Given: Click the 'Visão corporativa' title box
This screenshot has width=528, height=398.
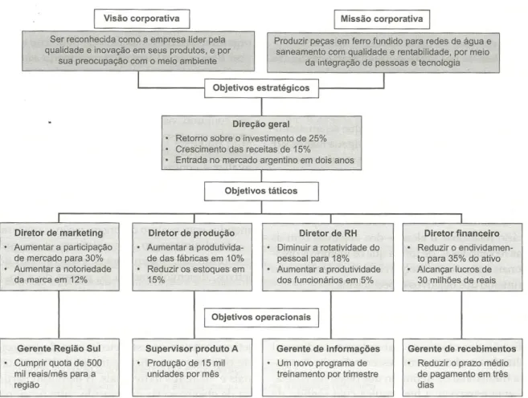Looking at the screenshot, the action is [141, 18].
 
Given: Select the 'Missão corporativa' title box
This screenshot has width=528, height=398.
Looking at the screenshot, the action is [382, 19].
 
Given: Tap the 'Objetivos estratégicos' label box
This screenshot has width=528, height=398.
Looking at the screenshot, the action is [261, 88].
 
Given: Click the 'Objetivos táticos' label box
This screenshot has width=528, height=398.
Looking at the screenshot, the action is [261, 191].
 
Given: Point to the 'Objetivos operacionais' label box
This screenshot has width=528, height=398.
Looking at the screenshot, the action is [261, 318].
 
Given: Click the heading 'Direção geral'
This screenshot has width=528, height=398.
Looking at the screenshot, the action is [261, 124].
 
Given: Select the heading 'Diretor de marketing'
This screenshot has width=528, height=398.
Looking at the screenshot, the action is [59, 233].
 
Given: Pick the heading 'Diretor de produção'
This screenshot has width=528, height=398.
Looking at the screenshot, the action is [191, 234].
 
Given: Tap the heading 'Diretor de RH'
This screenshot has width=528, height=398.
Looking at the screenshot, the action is [328, 234].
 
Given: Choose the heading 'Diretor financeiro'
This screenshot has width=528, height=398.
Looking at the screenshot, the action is [461, 234].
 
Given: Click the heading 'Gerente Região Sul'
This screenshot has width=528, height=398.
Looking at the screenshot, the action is [59, 348].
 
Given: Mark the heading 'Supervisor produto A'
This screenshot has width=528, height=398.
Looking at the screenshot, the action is [191, 349].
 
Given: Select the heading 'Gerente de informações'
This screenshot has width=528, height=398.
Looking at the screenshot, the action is [328, 349].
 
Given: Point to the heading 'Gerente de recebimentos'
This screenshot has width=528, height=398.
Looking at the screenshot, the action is [461, 349].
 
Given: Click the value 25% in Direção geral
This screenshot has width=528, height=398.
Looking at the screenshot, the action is [317, 139].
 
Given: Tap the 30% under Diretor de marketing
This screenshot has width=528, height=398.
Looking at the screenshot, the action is [94, 258].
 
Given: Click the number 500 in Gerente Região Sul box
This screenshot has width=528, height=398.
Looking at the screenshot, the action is [94, 363].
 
